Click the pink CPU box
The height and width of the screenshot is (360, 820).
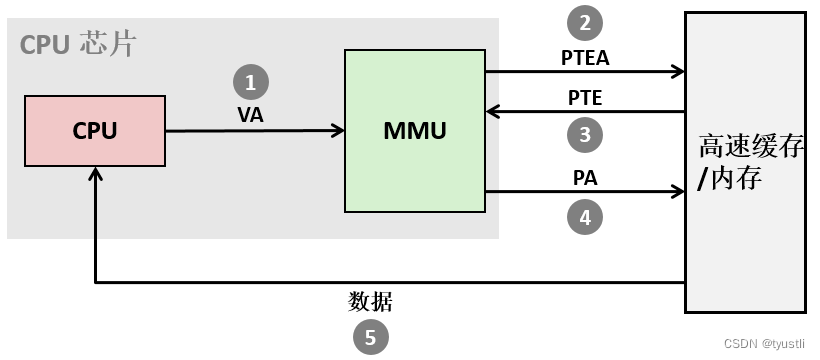click(x=95, y=131)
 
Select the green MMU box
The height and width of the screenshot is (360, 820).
click(x=415, y=130)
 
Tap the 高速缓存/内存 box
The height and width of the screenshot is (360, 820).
click(x=745, y=162)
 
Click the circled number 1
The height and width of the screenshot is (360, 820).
click(x=251, y=82)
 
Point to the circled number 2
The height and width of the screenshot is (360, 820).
click(x=585, y=23)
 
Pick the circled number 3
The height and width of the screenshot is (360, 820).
click(x=585, y=134)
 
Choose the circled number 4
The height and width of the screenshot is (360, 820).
click(x=585, y=216)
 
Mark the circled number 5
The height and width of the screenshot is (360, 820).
click(x=370, y=337)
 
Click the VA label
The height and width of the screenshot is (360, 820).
click(x=251, y=115)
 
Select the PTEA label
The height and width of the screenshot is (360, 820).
click(x=585, y=57)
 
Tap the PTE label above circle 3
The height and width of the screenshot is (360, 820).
click(x=585, y=98)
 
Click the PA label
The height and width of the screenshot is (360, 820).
click(x=585, y=178)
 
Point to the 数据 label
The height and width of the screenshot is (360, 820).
click(x=370, y=301)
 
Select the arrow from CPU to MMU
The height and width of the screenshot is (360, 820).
click(x=255, y=131)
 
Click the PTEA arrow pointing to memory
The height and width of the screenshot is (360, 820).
click(x=585, y=71)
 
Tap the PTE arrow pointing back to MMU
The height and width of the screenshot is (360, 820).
click(x=585, y=111)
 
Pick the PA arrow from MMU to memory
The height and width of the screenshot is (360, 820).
click(x=585, y=192)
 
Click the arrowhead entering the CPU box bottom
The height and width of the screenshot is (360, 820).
click(x=94, y=175)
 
